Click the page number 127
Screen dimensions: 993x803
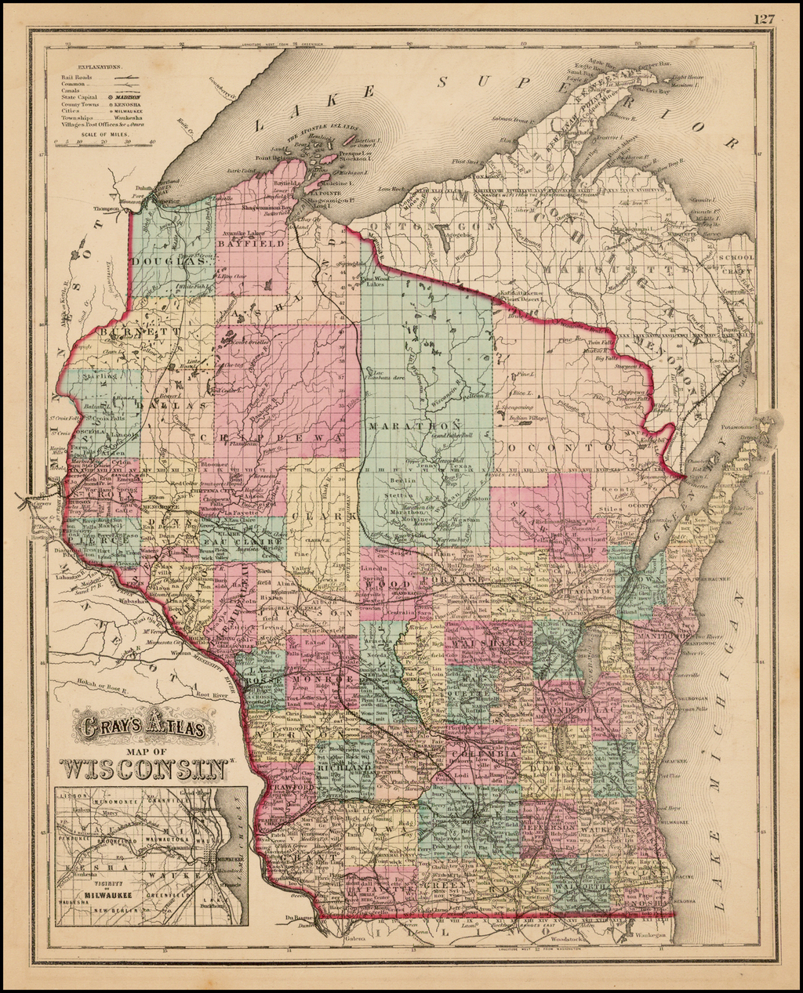click(765, 19)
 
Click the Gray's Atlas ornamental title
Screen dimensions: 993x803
click(145, 728)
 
